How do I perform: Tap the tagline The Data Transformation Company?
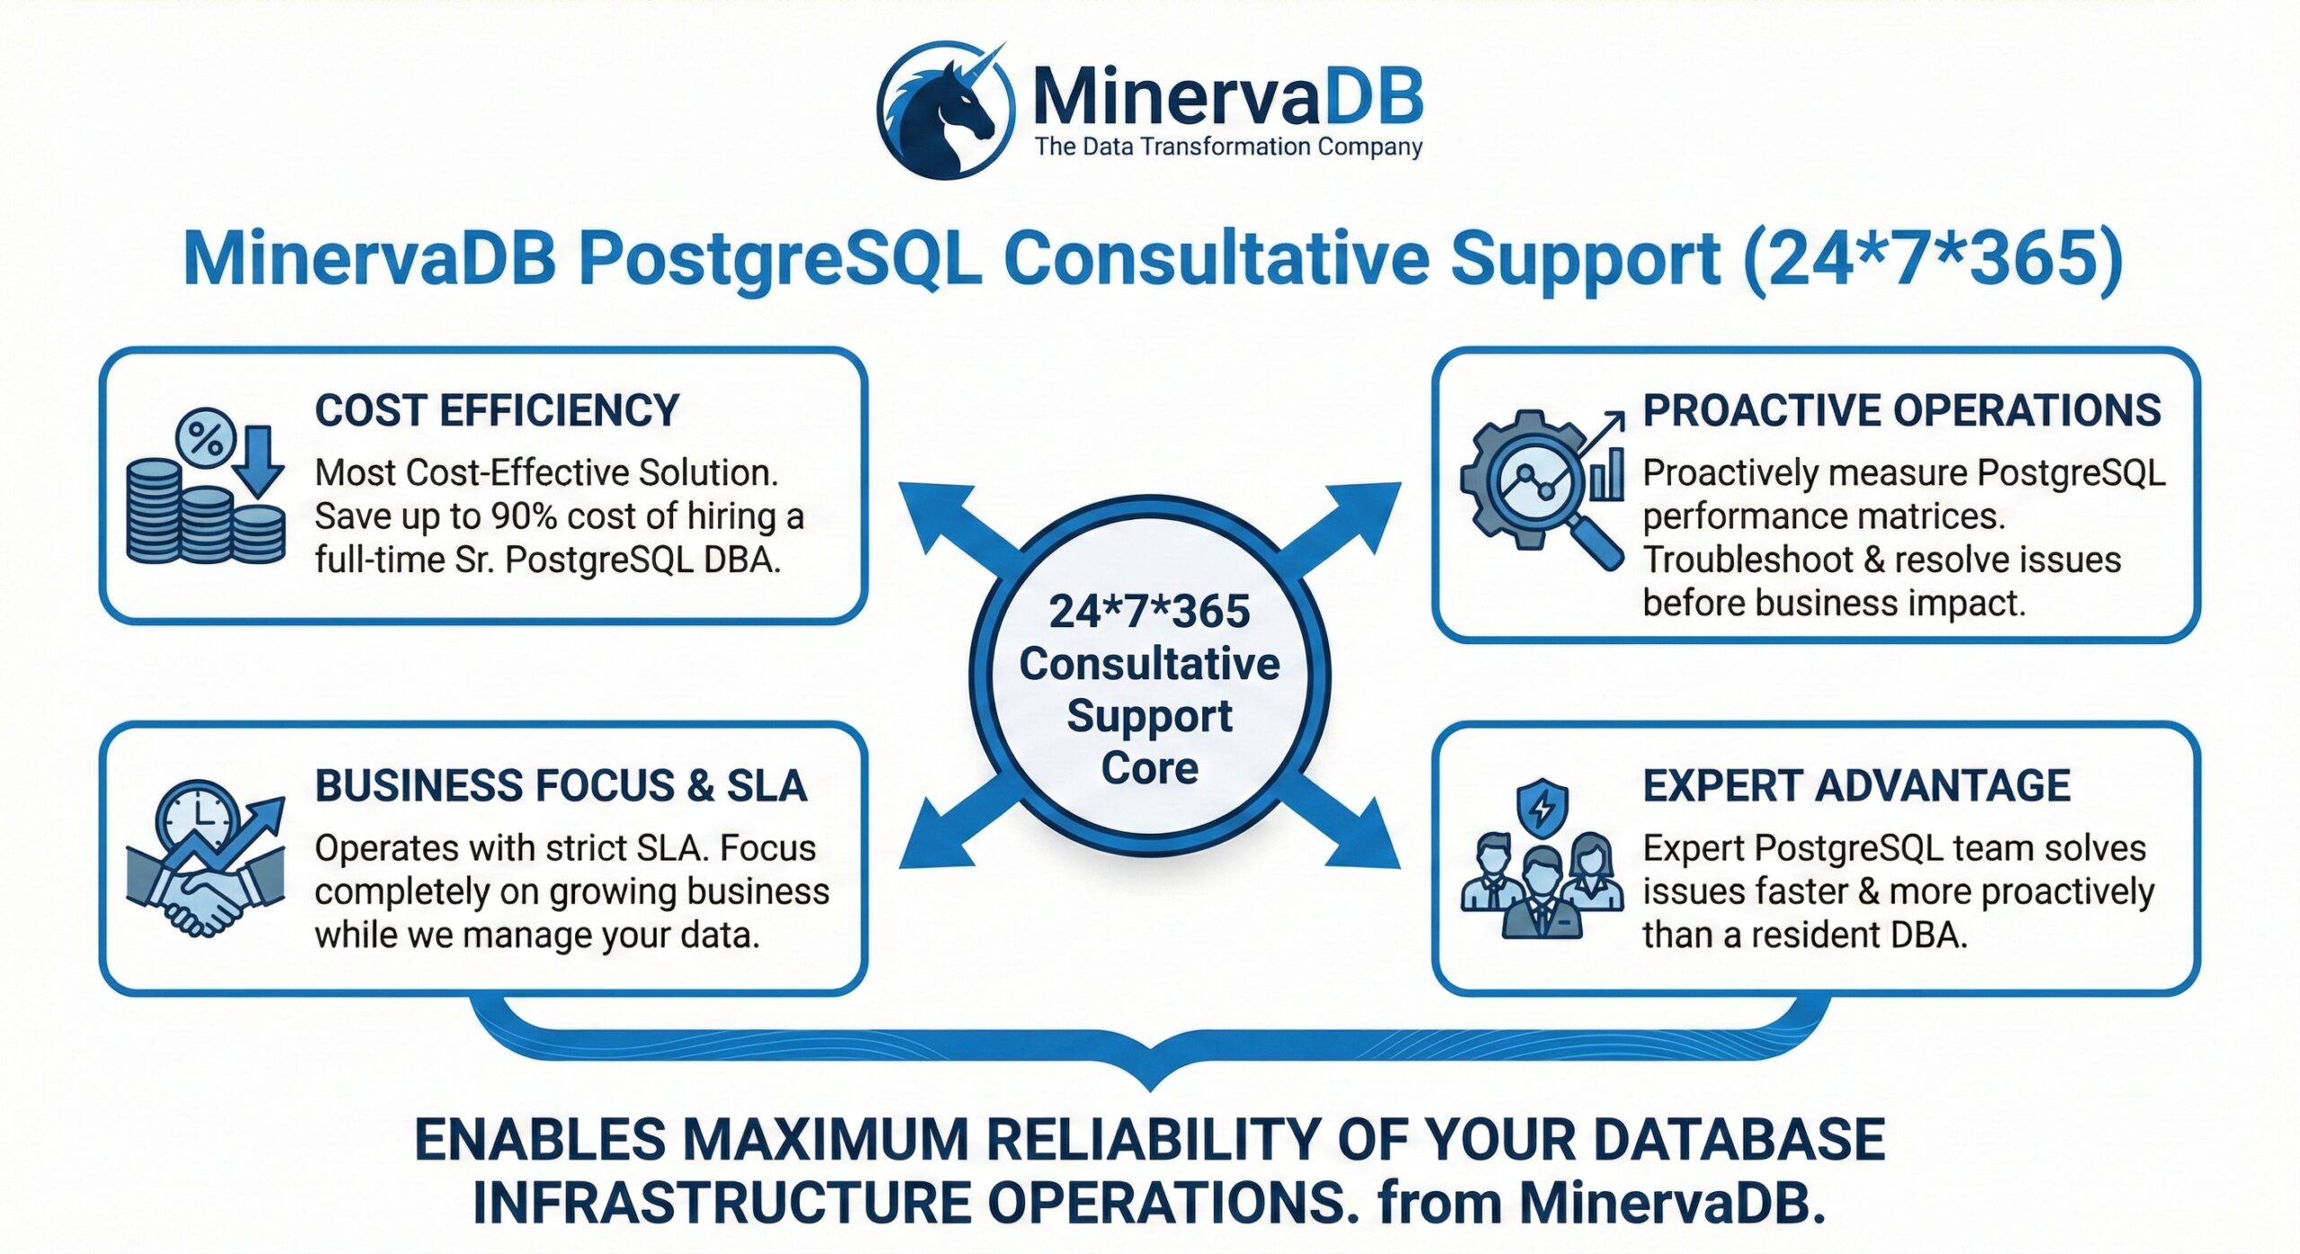point(1228,146)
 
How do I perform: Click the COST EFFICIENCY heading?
point(497,411)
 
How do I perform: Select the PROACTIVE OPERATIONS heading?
point(1901,411)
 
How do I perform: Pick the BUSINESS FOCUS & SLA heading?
point(561,786)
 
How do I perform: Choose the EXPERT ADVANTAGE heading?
point(1856,786)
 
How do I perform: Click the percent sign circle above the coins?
point(206,439)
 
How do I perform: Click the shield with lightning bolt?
point(1542,807)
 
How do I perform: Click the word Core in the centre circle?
point(1150,768)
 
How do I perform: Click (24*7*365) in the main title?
point(1933,259)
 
